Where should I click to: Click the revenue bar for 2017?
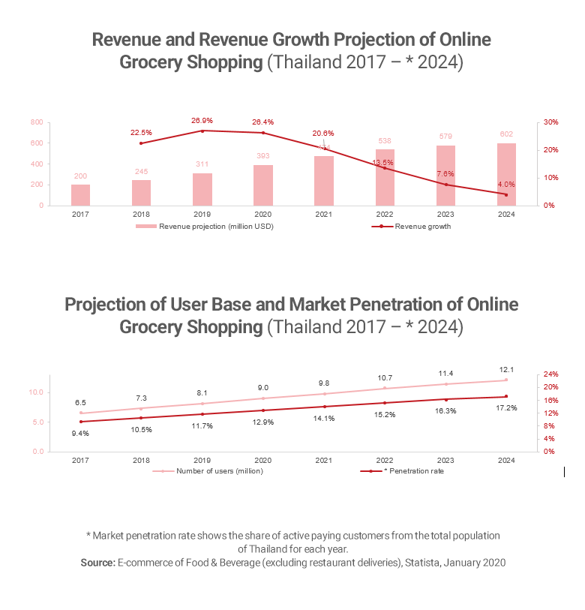pyautogui.click(x=80, y=194)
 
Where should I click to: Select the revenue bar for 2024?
pyautogui.click(x=506, y=174)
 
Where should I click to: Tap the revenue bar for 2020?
pyautogui.click(x=263, y=185)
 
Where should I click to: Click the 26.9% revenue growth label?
pyautogui.click(x=202, y=120)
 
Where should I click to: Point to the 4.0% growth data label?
pyautogui.click(x=506, y=184)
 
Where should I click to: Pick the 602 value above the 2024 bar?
pyautogui.click(x=506, y=134)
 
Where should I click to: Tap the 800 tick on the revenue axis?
pyautogui.click(x=36, y=122)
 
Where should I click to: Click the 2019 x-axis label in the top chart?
pyautogui.click(x=202, y=214)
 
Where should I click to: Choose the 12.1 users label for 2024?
pyautogui.click(x=506, y=369)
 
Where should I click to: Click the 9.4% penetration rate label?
pyautogui.click(x=80, y=433)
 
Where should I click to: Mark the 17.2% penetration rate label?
pyautogui.click(x=506, y=407)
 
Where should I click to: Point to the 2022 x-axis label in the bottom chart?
pyautogui.click(x=385, y=460)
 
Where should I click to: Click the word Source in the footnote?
pyautogui.click(x=97, y=562)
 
